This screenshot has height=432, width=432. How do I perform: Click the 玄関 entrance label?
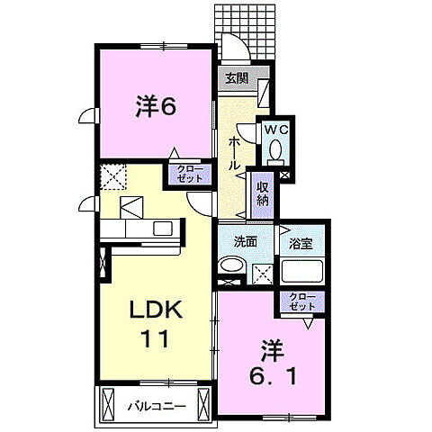236,78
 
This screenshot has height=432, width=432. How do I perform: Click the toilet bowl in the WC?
275,148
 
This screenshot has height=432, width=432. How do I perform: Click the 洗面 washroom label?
246,242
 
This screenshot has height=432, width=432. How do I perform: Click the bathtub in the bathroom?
301,271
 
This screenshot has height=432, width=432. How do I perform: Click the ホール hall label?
234,154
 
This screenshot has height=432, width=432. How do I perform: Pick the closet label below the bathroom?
302,302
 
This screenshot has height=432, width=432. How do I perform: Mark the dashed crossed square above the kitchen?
113,176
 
